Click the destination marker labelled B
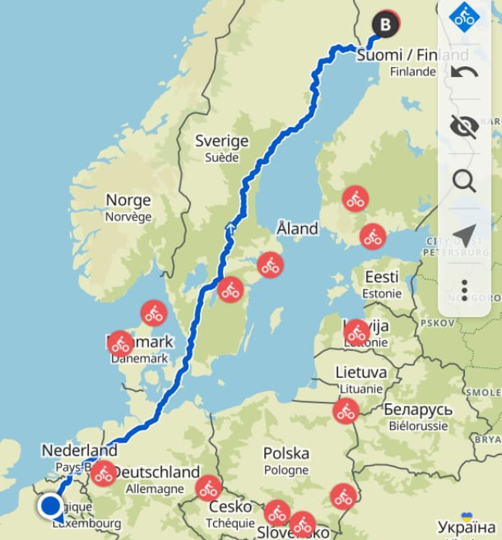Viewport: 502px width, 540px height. pyautogui.click(x=386, y=25)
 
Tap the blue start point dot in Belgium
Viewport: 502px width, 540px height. pyautogui.click(x=51, y=506)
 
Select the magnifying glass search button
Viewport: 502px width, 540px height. pyautogui.click(x=464, y=181)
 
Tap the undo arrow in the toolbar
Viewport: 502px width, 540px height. pyautogui.click(x=464, y=73)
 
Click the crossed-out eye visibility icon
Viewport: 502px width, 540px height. pyautogui.click(x=464, y=127)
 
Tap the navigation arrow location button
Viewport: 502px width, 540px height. pyautogui.click(x=464, y=235)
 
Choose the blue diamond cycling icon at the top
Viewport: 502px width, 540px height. pyautogui.click(x=464, y=17)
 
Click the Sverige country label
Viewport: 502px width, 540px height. pyautogui.click(x=222, y=141)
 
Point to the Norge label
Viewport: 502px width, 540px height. pyautogui.click(x=128, y=201)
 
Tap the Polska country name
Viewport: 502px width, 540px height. pyautogui.click(x=286, y=453)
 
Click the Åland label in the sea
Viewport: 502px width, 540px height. pyautogui.click(x=297, y=228)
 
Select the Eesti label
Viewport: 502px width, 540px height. pyautogui.click(x=382, y=277)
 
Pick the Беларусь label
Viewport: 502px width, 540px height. pyautogui.click(x=417, y=409)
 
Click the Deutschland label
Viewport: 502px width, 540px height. pyautogui.click(x=157, y=472)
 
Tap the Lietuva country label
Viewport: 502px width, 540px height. pyautogui.click(x=361, y=373)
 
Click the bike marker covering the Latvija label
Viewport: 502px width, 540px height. pyautogui.click(x=357, y=333)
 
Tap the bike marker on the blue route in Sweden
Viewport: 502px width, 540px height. pyautogui.click(x=230, y=290)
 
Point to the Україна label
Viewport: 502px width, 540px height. pyautogui.click(x=466, y=528)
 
